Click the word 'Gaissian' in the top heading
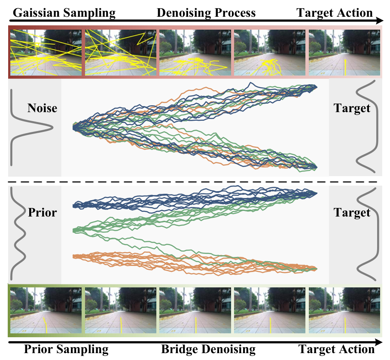point(37,13)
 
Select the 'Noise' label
point(42,108)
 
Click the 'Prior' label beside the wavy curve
point(42,213)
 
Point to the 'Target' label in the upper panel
point(352,109)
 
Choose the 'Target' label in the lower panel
point(352,213)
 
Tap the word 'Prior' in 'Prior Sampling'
point(38,349)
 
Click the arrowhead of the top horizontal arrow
point(380,20)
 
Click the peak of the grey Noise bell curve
point(53,128)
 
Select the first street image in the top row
point(46,52)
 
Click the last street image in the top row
point(344,52)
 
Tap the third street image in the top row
point(195,52)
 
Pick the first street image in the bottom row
point(46,310)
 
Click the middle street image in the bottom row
point(195,310)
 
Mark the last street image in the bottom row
point(344,310)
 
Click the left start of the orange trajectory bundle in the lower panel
point(73,256)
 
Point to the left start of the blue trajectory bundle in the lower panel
point(73,206)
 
